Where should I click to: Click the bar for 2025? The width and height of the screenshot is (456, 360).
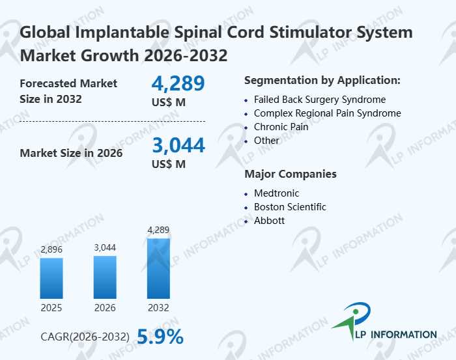51,278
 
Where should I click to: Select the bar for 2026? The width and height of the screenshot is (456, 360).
105,277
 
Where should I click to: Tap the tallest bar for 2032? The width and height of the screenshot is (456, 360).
158,268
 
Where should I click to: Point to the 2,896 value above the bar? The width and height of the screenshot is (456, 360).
51,249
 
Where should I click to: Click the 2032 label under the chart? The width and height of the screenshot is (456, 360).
158,308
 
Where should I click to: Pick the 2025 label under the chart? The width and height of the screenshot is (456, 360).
51,308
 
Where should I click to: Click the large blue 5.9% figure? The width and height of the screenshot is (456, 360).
160,336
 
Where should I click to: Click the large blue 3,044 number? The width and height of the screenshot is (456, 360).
178,145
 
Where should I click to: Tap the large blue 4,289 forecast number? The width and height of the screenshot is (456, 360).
178,83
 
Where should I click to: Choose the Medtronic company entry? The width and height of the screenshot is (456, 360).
276,193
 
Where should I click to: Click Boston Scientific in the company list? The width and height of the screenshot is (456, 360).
290,207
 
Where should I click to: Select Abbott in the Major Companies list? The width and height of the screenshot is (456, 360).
269,221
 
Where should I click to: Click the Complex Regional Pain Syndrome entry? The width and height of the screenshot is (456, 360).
327,113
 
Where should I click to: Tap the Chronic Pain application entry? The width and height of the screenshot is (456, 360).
281,127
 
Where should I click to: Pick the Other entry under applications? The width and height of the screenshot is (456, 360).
266,141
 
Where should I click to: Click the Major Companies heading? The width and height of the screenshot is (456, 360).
291,174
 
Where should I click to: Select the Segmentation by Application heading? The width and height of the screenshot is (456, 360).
322,81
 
